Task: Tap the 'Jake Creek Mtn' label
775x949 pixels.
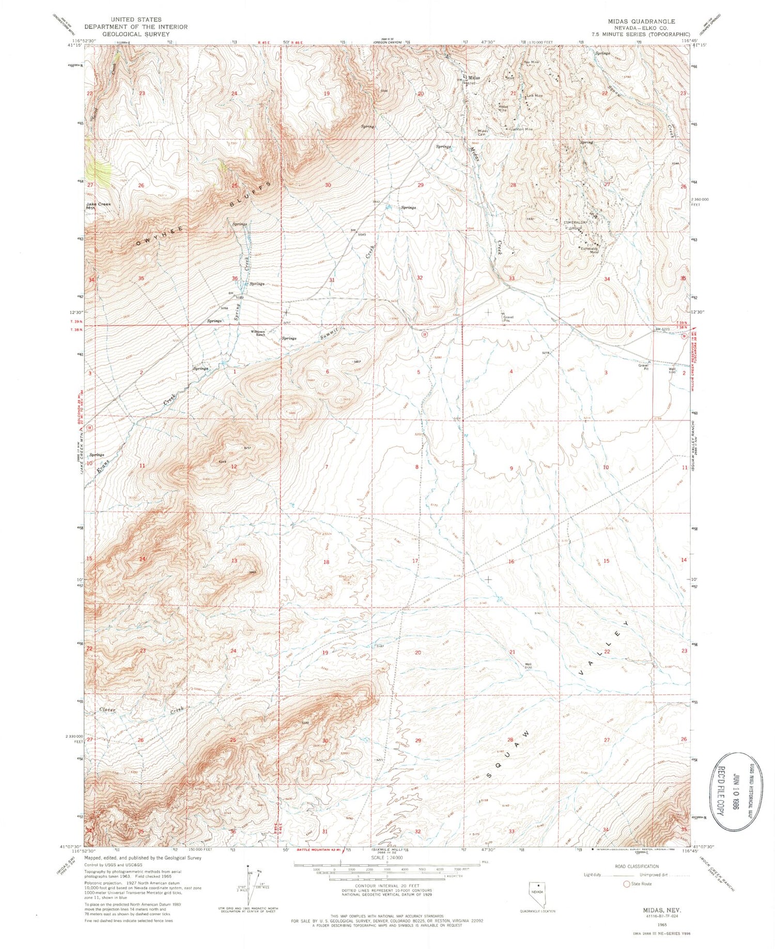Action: (x=98, y=206)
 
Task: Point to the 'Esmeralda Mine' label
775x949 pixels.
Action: (x=590, y=250)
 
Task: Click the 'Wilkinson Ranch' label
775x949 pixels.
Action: (x=259, y=333)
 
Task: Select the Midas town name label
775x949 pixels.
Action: (x=473, y=77)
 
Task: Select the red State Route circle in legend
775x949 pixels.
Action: (x=627, y=883)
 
